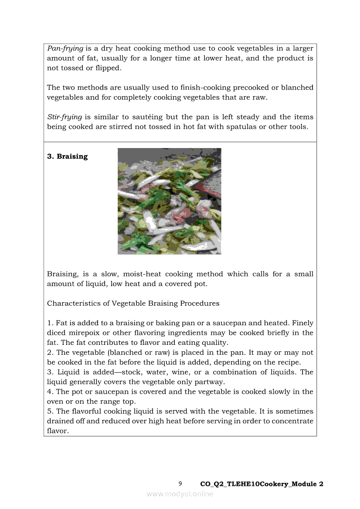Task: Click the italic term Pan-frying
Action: coord(65,48)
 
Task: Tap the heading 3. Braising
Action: coord(67,156)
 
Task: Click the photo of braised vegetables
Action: coord(169,201)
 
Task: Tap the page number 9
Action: coord(180,483)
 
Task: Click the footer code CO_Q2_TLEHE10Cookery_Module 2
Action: coord(262,484)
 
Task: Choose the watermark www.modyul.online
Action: coord(180,494)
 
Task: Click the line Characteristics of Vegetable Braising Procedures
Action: coord(133,303)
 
